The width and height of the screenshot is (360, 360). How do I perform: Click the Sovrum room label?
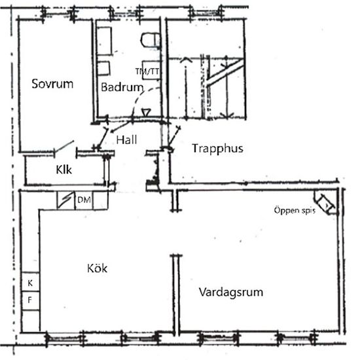[52, 84]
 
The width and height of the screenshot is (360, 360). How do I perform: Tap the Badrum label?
[122, 87]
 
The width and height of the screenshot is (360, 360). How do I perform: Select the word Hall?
[126, 140]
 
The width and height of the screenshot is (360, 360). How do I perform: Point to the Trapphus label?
[217, 149]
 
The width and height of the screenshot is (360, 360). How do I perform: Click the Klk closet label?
[64, 170]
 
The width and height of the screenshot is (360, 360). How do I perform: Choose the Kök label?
[97, 268]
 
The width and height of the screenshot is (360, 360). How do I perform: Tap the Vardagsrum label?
[231, 293]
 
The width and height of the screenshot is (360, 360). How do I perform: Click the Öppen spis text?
[295, 211]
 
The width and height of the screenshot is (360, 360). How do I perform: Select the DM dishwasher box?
[84, 200]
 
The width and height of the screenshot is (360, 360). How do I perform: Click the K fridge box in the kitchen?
[31, 282]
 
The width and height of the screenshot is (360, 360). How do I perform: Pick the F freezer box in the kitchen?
[31, 300]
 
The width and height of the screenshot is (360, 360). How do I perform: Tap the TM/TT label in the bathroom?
[147, 71]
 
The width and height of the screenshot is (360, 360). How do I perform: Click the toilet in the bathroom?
[151, 40]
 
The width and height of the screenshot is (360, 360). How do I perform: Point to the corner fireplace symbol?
[325, 202]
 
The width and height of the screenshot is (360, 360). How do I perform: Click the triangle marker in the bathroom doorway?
[146, 113]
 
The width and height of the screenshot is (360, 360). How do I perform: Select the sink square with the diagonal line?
[66, 200]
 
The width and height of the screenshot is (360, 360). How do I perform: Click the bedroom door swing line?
[64, 147]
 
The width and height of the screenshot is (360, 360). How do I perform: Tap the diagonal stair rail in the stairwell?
[225, 71]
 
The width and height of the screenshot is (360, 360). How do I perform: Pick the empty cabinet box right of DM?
[100, 200]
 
